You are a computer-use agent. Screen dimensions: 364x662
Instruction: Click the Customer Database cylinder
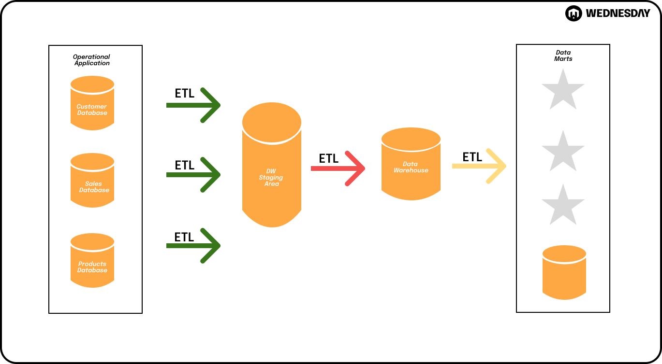pyautogui.click(x=92, y=103)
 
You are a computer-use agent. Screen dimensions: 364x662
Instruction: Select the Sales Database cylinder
pyautogui.click(x=92, y=181)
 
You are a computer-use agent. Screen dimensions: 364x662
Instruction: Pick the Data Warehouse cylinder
pyautogui.click(x=411, y=164)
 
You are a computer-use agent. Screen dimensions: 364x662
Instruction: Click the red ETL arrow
pyautogui.click(x=338, y=168)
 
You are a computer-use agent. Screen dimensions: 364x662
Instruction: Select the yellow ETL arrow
pyautogui.click(x=479, y=166)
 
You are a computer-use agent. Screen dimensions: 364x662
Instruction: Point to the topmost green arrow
pyautogui.click(x=193, y=105)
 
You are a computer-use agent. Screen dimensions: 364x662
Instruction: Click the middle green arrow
pyautogui.click(x=193, y=175)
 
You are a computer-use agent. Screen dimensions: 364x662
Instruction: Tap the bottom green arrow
pyautogui.click(x=193, y=246)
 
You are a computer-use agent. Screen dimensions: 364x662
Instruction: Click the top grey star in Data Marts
pyautogui.click(x=563, y=91)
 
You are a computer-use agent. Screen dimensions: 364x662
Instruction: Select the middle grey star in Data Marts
pyautogui.click(x=563, y=153)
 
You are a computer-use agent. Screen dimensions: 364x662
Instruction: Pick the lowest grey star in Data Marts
pyautogui.click(x=563, y=206)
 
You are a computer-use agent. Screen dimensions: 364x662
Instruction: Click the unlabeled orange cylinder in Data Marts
pyautogui.click(x=564, y=272)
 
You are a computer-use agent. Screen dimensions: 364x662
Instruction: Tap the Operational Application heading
pyautogui.click(x=92, y=60)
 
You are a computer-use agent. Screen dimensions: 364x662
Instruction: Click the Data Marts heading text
pyautogui.click(x=563, y=56)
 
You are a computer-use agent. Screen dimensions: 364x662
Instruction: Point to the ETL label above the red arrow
pyautogui.click(x=329, y=158)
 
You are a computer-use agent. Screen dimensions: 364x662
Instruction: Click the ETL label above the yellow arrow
pyautogui.click(x=472, y=157)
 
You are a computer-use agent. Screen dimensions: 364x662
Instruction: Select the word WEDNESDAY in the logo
pyautogui.click(x=618, y=14)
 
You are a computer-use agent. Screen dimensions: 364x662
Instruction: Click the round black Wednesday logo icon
pyautogui.click(x=574, y=14)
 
